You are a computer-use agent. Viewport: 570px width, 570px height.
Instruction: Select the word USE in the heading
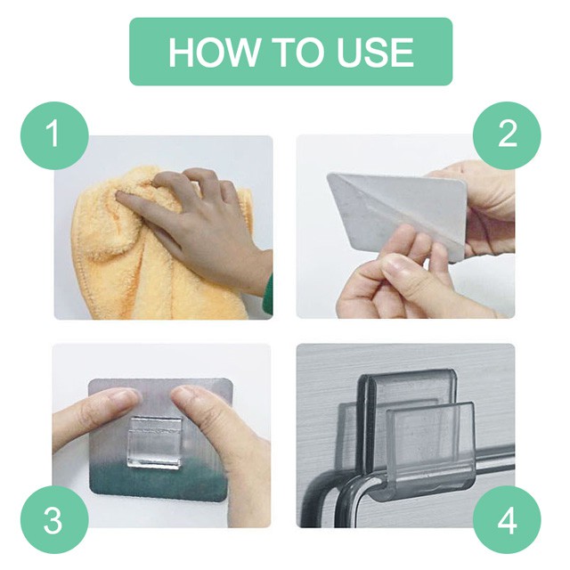[375, 52]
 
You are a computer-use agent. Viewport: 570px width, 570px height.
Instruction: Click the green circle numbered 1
[54, 135]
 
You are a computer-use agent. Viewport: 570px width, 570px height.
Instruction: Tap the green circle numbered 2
[507, 135]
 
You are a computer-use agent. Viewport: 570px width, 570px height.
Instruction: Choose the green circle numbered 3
[54, 519]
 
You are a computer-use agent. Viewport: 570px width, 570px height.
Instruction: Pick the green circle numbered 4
[507, 519]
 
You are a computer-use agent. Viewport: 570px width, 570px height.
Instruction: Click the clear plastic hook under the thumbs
[154, 442]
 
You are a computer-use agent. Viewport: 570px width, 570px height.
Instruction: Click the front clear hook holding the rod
[429, 454]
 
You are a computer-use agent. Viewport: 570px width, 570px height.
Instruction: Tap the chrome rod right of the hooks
[495, 466]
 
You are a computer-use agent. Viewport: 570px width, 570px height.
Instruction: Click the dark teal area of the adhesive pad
[157, 480]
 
